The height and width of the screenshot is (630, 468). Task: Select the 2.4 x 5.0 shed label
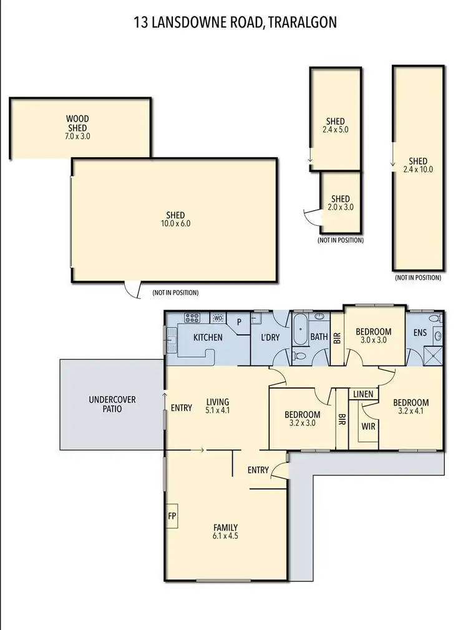[x=335, y=130]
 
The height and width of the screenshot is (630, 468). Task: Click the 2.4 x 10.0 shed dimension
[x=417, y=169]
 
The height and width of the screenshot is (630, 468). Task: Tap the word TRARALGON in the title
[x=303, y=22]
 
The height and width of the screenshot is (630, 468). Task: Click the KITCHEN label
[x=208, y=337]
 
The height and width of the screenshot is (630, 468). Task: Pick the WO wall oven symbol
[x=218, y=317]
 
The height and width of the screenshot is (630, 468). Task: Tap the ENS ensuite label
[x=420, y=332]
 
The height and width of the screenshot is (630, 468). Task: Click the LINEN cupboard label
[x=363, y=394]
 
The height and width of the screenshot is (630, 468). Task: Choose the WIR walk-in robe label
[x=368, y=427]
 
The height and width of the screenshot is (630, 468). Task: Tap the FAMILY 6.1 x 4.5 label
[x=225, y=531]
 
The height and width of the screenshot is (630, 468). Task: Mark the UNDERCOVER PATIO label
[x=112, y=404]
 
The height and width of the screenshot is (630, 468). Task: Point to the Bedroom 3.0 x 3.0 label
[x=373, y=336]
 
